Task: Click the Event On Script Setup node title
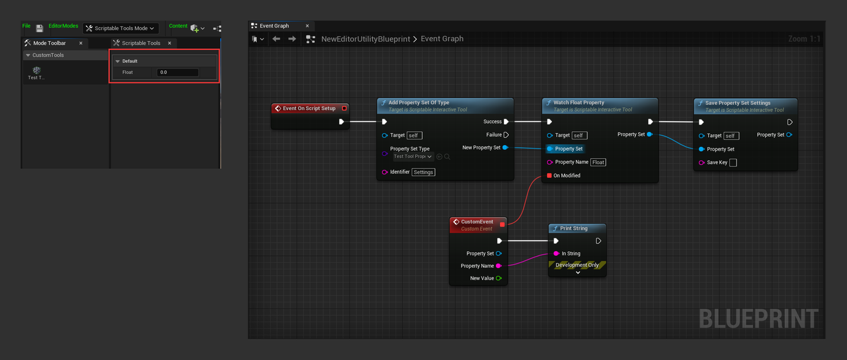pyautogui.click(x=309, y=108)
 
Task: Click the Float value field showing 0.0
pyautogui.click(x=178, y=72)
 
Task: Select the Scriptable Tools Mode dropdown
pyautogui.click(x=121, y=28)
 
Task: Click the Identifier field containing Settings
pyautogui.click(x=423, y=172)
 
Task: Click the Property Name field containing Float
pyautogui.click(x=598, y=162)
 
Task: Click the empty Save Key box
pyautogui.click(x=733, y=163)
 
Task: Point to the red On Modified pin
pyautogui.click(x=549, y=175)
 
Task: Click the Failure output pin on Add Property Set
pyautogui.click(x=506, y=135)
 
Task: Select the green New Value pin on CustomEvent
pyautogui.click(x=498, y=278)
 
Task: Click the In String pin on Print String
pyautogui.click(x=556, y=254)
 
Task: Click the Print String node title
pyautogui.click(x=573, y=228)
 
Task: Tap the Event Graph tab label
pyautogui.click(x=274, y=26)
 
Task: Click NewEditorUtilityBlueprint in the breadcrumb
pyautogui.click(x=365, y=39)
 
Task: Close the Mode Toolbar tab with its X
pyautogui.click(x=81, y=43)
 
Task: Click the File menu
pyautogui.click(x=26, y=26)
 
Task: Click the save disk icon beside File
pyautogui.click(x=39, y=28)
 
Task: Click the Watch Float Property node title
pyautogui.click(x=578, y=102)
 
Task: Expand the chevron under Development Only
pyautogui.click(x=578, y=272)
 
